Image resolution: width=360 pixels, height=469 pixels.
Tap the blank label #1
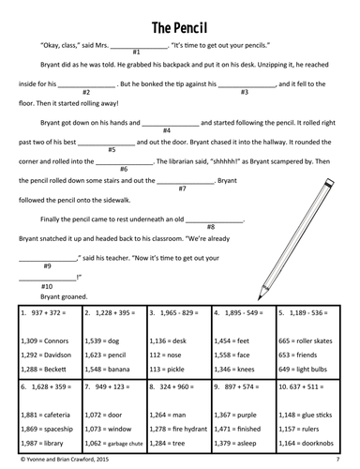pyautogui.click(x=137, y=55)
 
